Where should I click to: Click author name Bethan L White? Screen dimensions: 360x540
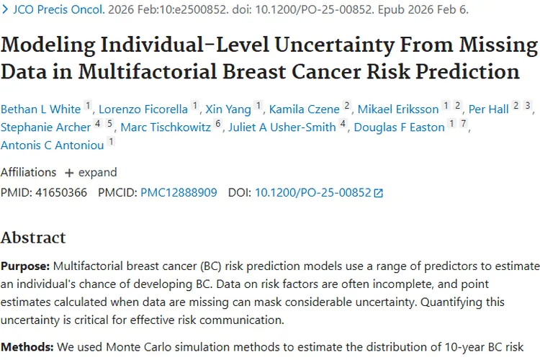pos(40,109)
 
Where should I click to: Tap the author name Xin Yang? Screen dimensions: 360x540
pos(228,109)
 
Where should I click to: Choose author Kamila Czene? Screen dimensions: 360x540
pos(304,109)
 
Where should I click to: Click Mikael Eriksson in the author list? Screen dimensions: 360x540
pos(398,109)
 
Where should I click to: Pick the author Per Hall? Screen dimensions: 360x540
pos(488,109)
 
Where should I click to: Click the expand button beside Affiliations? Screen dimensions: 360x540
pos(91,173)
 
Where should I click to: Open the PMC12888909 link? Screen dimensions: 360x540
pos(178,193)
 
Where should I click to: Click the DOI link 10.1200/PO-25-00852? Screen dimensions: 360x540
pos(312,193)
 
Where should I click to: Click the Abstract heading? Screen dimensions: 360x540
pos(33,238)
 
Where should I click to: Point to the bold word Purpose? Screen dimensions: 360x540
pos(25,265)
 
